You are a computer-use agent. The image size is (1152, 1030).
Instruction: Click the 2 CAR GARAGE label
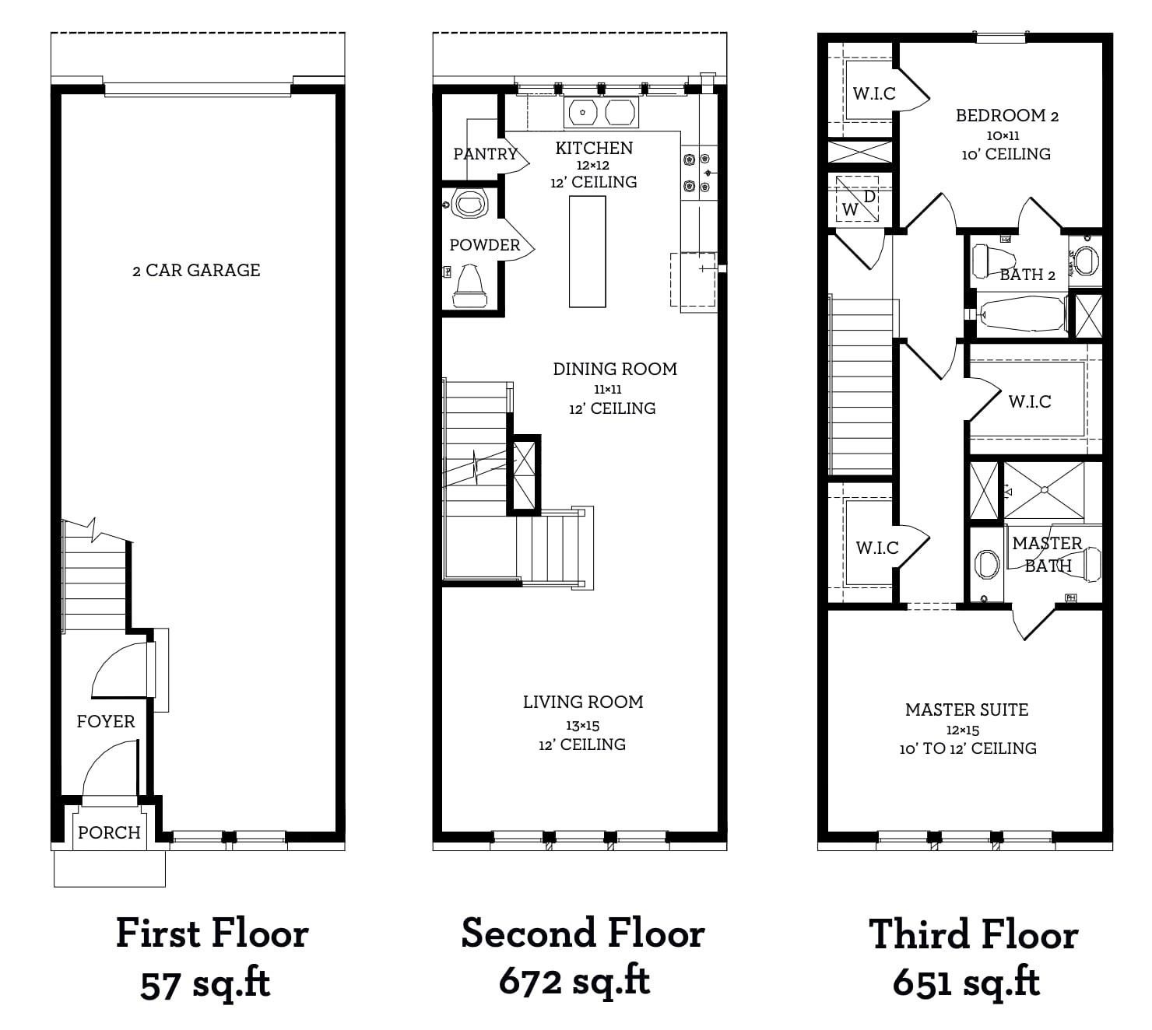(196, 270)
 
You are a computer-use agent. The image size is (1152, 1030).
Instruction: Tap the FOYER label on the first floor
(106, 721)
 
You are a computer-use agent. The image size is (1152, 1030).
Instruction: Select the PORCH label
(109, 832)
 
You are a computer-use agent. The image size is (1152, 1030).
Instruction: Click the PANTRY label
(485, 153)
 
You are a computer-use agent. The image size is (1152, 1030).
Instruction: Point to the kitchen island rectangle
(588, 251)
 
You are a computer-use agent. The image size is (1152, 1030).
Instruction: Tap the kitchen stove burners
(697, 172)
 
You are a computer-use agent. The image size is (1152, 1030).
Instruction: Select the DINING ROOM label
(615, 369)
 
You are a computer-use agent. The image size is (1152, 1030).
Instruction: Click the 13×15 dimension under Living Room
(583, 726)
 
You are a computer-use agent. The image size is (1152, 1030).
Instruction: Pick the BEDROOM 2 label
(1007, 115)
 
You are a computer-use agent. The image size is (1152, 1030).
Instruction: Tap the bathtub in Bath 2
(1022, 314)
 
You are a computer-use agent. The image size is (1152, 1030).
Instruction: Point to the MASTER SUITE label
(967, 709)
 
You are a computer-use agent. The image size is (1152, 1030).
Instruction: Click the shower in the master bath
(1044, 490)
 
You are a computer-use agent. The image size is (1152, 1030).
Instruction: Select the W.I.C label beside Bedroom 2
(874, 93)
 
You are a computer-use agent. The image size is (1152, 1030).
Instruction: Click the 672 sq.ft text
(574, 981)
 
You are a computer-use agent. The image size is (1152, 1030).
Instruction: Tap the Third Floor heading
(973, 934)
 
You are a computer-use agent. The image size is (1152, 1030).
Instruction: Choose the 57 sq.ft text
(205, 983)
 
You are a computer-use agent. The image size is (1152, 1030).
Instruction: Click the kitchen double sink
(601, 113)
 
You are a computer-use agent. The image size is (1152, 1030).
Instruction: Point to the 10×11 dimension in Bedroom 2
(1003, 136)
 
